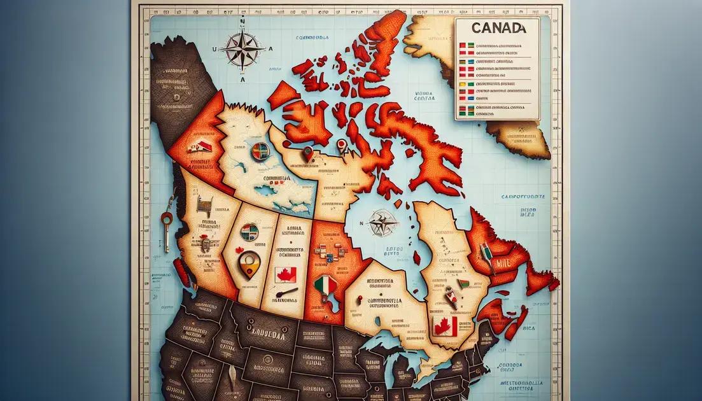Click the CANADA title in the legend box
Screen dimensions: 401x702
500,28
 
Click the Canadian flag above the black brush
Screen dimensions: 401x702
285,275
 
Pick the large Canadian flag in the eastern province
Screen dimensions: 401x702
445,326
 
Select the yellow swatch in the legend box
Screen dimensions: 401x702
461,84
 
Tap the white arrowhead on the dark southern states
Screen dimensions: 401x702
232,372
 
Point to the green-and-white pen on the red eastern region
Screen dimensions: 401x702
486,253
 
